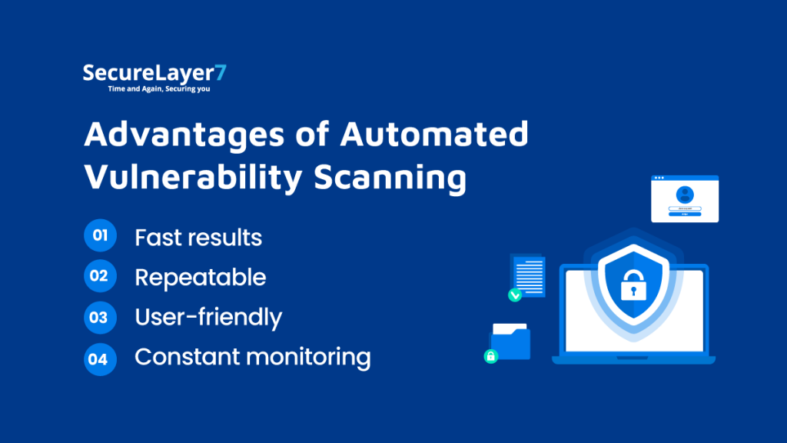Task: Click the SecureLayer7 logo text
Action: click(x=154, y=74)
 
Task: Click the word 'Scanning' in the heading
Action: click(x=390, y=178)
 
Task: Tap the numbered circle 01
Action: click(x=100, y=236)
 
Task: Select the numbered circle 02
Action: click(x=100, y=276)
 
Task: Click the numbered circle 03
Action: click(x=100, y=317)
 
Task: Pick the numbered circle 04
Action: click(x=100, y=358)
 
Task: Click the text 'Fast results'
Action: click(x=198, y=238)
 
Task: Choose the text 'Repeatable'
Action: click(x=200, y=278)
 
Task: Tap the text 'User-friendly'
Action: click(x=208, y=318)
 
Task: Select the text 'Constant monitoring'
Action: click(x=252, y=358)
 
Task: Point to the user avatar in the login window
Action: click(x=685, y=195)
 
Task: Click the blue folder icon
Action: click(x=511, y=341)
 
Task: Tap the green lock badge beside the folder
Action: click(x=490, y=356)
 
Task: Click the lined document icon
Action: click(x=530, y=273)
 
